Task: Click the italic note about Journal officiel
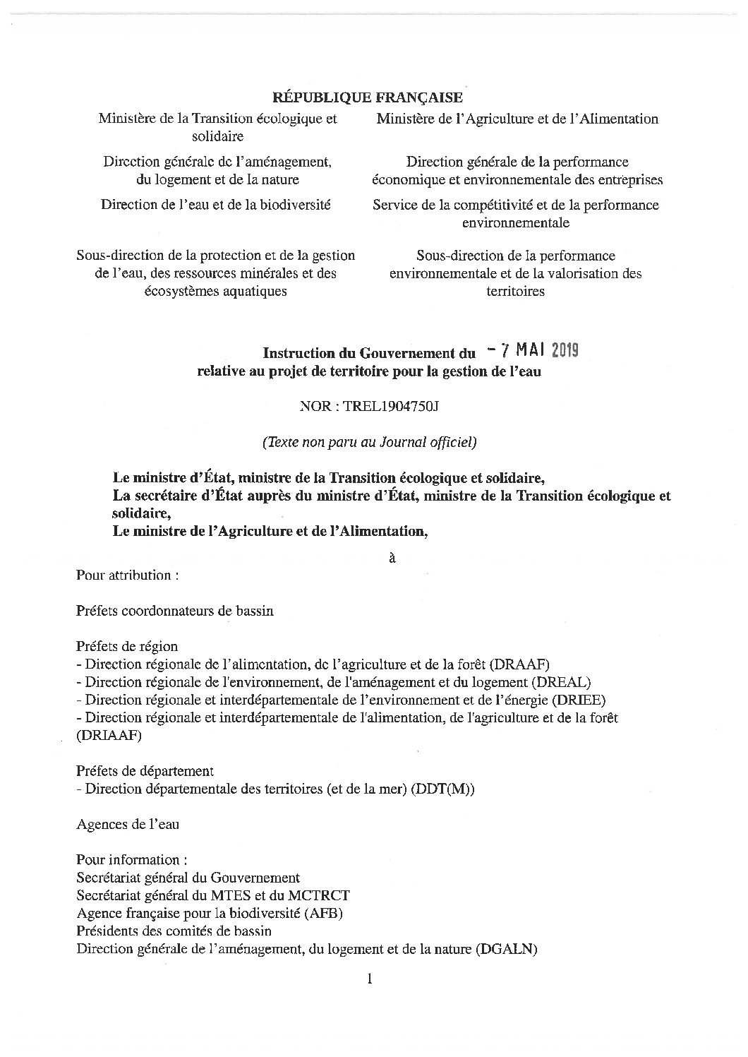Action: pos(370,443)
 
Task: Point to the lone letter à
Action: pos(392,557)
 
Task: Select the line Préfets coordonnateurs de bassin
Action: pos(174,611)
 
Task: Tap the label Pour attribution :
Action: pos(127,575)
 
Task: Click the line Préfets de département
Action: pos(145,771)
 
